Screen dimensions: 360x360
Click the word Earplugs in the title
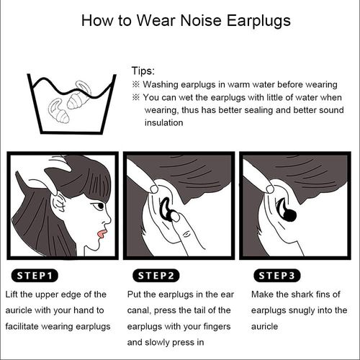click(258, 21)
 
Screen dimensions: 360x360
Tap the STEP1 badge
click(35, 276)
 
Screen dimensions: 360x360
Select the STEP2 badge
click(156, 276)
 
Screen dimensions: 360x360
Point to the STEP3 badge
click(277, 276)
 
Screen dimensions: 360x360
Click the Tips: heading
click(143, 71)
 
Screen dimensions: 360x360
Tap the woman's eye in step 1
click(99, 206)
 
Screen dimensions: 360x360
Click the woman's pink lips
click(102, 234)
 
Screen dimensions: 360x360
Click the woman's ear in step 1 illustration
click(58, 204)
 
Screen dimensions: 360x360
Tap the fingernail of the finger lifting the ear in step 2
click(154, 189)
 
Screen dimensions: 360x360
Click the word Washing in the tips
click(161, 85)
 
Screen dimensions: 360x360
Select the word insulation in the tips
click(164, 122)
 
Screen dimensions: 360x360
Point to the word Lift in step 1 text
click(12, 294)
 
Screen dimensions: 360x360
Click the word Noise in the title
click(201, 21)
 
